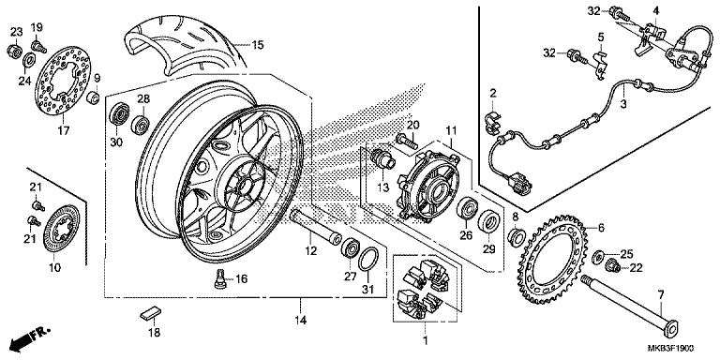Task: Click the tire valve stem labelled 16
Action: coord(220,278)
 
